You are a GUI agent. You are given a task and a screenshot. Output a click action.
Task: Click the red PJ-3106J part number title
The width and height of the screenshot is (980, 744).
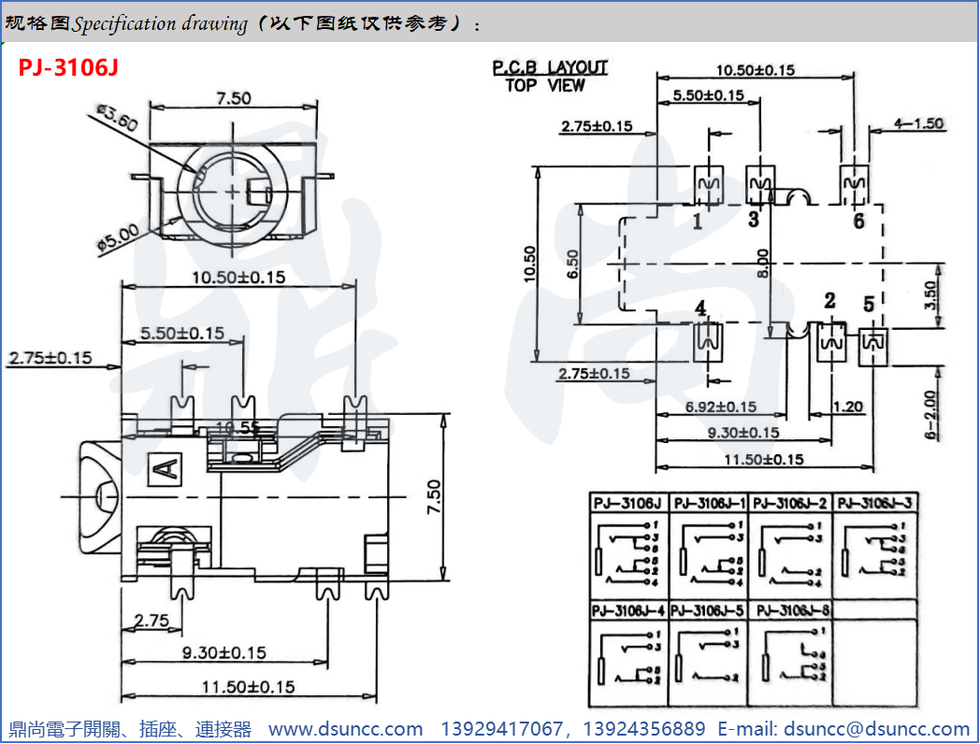pyautogui.click(x=67, y=68)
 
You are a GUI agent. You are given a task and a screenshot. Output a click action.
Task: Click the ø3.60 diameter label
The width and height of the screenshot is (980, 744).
pyautogui.click(x=117, y=121)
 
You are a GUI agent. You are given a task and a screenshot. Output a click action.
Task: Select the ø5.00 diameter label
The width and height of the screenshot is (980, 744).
pyautogui.click(x=118, y=235)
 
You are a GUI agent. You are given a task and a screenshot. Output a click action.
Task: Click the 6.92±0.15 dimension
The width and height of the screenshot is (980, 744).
pyautogui.click(x=720, y=408)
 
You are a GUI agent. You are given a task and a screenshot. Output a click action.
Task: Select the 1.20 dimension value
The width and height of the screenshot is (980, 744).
pyautogui.click(x=848, y=408)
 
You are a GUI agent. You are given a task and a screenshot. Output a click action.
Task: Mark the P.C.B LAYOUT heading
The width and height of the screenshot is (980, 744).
pyautogui.click(x=550, y=68)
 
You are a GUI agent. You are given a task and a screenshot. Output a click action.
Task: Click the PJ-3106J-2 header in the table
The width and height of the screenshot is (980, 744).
pyautogui.click(x=790, y=503)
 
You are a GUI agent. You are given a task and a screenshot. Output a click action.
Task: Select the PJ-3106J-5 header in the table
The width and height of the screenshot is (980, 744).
pyautogui.click(x=709, y=610)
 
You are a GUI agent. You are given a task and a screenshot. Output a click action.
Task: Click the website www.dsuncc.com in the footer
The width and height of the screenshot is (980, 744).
pyautogui.click(x=345, y=729)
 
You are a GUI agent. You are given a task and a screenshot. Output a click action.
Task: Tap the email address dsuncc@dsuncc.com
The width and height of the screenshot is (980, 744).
pyautogui.click(x=876, y=729)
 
